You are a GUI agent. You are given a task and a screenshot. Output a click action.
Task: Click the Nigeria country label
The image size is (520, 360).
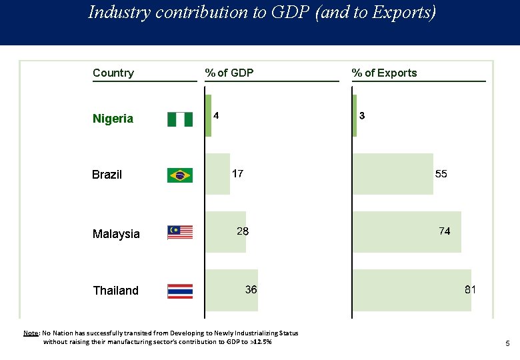click(x=113, y=119)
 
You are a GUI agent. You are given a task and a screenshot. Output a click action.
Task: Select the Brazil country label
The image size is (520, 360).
click(x=107, y=175)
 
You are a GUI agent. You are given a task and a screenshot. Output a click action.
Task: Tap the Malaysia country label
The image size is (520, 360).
click(x=116, y=234)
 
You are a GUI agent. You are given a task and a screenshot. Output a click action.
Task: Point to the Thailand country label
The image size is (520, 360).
click(x=115, y=291)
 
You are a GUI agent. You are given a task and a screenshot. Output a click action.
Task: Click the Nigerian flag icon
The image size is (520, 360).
click(x=179, y=119)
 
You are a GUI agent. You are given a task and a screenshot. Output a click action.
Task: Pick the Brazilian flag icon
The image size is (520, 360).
click(x=179, y=175)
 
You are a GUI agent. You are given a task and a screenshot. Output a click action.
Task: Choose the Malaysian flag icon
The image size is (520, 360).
click(x=179, y=232)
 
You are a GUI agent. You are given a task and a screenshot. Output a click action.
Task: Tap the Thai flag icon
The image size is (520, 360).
click(x=179, y=291)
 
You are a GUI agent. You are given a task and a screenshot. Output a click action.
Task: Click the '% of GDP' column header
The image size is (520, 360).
click(x=229, y=73)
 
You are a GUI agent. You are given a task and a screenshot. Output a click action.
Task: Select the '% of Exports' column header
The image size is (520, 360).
click(x=384, y=73)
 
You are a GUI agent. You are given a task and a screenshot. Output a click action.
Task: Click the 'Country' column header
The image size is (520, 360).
click(x=113, y=73)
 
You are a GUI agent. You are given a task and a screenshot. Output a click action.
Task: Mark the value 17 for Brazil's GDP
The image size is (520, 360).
click(x=237, y=174)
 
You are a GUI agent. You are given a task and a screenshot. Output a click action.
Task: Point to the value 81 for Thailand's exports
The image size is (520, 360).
click(x=470, y=290)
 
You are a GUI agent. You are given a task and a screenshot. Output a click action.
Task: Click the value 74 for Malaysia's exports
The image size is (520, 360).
click(x=444, y=231)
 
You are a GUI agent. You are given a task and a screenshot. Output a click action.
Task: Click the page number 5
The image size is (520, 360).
click(x=507, y=344)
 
